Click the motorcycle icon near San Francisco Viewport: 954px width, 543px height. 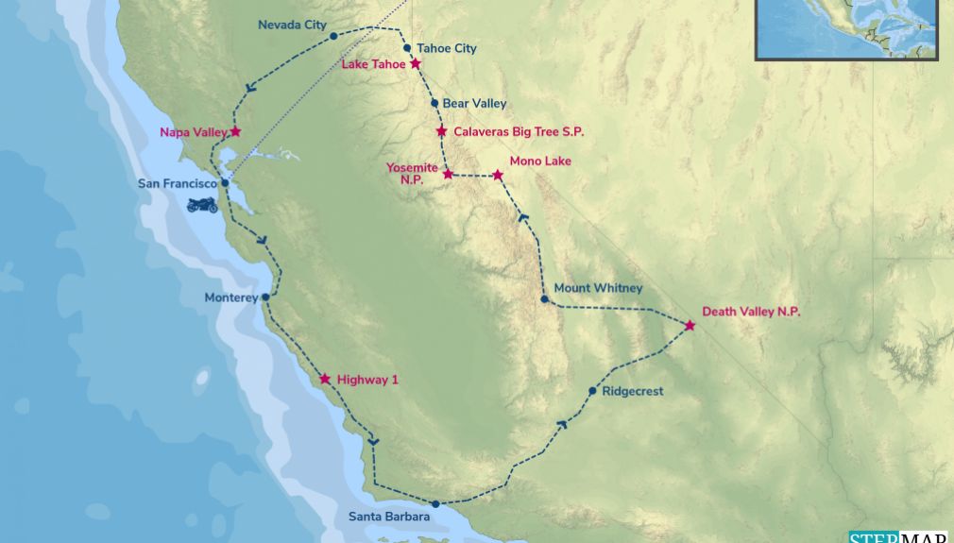(x=202, y=204)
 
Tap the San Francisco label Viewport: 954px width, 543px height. (x=178, y=183)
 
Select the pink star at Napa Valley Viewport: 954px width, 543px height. (x=235, y=132)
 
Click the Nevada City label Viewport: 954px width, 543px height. (x=292, y=25)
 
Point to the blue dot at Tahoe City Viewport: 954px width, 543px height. (x=407, y=48)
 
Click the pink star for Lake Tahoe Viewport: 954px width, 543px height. (x=416, y=64)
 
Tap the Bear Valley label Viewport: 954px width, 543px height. (x=475, y=103)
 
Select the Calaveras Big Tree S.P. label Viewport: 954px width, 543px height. (x=519, y=131)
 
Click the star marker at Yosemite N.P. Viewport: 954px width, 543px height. (x=449, y=174)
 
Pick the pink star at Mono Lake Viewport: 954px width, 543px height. (x=498, y=175)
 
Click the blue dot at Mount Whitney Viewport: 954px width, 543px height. (x=544, y=300)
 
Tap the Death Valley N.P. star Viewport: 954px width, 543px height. (x=690, y=326)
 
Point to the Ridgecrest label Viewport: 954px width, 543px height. (x=633, y=391)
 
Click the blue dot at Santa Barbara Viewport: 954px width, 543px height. (x=435, y=504)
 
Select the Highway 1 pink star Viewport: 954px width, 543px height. (x=325, y=379)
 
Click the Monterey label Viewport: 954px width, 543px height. (x=230, y=297)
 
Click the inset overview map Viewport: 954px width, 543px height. (x=846, y=29)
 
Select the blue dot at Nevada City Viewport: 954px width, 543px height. (x=333, y=36)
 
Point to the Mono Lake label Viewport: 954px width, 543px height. (x=540, y=161)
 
